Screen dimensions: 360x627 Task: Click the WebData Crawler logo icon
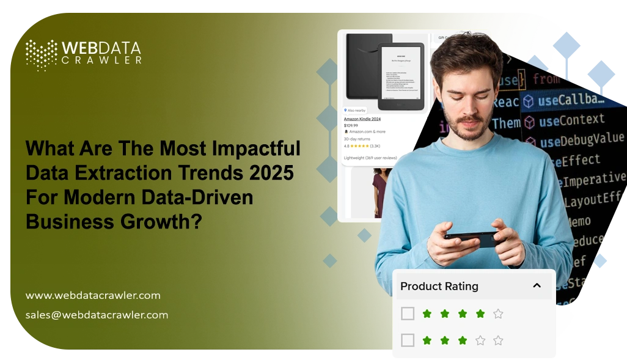41,54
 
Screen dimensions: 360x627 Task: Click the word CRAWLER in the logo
101,61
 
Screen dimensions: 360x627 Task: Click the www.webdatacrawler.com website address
93,296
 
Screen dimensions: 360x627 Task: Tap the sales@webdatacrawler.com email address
97,315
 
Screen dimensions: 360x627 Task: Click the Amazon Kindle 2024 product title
362,119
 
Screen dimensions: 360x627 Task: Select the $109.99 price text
352,125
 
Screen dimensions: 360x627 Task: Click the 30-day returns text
358,139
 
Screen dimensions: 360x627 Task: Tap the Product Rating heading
439,286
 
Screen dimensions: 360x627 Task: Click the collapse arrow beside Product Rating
537,285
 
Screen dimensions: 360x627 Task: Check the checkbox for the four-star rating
408,314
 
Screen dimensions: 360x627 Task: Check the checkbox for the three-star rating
408,340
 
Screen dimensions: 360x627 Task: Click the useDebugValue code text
581,141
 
